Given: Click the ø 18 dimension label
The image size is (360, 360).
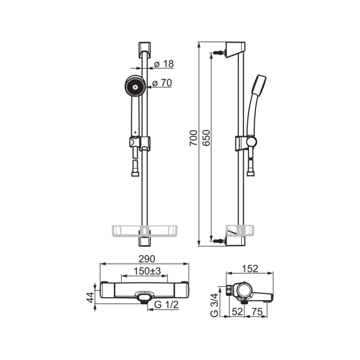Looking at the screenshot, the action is (164, 64).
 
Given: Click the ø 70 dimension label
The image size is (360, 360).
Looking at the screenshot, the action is (162, 83).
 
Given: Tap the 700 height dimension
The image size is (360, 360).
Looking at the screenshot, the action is (194, 138).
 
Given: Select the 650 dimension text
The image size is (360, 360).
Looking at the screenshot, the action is (206, 138).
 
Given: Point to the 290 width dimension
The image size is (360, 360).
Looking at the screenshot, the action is (147, 259).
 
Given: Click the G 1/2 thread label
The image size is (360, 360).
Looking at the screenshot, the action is (166, 305).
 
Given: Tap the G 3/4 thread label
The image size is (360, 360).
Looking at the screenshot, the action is (214, 305).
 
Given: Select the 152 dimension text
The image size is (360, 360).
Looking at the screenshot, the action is (250, 269).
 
